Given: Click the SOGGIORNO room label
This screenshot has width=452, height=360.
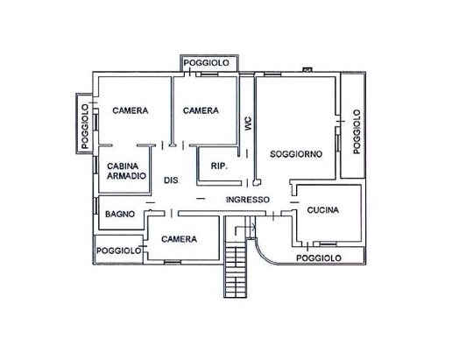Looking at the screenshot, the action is (x=296, y=154).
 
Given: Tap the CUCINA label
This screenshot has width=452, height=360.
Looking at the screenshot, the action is (x=323, y=210).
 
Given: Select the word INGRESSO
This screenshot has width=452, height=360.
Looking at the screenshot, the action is (x=248, y=200).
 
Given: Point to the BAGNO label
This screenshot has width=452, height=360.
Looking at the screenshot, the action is (x=120, y=214).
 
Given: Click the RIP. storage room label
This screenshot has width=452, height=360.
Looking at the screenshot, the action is (x=219, y=166).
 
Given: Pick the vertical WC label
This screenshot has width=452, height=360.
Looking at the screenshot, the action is (x=248, y=124).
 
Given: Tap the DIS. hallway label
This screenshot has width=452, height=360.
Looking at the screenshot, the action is (x=171, y=180).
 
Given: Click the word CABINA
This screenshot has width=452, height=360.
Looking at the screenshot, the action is (x=123, y=166).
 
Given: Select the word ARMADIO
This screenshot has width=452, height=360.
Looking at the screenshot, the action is (x=126, y=176).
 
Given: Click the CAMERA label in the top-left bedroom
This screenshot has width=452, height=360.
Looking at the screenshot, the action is (x=131, y=110).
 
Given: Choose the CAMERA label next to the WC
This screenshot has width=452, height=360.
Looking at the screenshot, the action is (x=201, y=110).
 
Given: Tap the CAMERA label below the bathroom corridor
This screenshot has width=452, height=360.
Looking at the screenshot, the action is (x=179, y=239).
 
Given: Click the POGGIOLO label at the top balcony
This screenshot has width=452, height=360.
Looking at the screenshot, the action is (x=206, y=63).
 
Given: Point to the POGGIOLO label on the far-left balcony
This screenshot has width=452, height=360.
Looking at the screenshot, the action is (x=85, y=126).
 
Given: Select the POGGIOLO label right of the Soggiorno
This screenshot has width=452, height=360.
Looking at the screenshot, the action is (x=357, y=131).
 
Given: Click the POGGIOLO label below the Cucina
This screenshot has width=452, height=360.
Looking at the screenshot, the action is (x=319, y=258).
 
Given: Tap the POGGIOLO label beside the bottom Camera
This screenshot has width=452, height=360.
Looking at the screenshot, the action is (x=118, y=251).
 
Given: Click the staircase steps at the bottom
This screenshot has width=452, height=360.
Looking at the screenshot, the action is (x=236, y=272).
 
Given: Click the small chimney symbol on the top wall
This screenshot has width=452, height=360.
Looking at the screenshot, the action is (x=307, y=69).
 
